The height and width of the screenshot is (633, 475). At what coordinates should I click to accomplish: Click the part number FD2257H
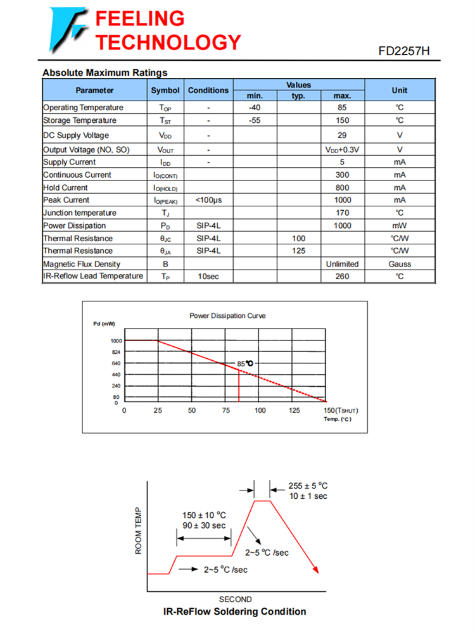click(404, 51)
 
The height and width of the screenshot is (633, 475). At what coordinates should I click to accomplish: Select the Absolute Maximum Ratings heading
click(104, 72)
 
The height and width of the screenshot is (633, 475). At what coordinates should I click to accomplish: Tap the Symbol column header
click(165, 91)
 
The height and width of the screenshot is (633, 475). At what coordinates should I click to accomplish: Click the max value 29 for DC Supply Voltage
click(342, 135)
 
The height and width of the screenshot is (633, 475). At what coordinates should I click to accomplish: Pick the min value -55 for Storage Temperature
click(255, 120)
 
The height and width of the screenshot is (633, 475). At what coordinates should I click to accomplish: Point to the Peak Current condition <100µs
click(208, 200)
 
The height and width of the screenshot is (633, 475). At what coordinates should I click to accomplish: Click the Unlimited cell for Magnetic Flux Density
click(342, 264)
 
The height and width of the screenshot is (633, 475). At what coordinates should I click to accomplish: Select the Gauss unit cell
click(400, 264)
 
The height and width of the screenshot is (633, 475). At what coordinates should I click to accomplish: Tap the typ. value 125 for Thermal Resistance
click(298, 251)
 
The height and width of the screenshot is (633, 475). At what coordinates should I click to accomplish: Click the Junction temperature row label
click(80, 213)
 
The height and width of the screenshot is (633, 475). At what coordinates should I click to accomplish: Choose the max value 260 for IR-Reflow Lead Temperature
click(342, 277)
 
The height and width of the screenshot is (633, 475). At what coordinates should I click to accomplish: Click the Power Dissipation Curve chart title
click(227, 315)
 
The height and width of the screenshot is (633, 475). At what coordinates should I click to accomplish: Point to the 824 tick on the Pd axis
click(115, 352)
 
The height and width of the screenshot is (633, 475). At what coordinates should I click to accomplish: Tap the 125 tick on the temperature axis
click(294, 411)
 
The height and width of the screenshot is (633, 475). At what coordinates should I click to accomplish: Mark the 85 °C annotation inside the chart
click(245, 363)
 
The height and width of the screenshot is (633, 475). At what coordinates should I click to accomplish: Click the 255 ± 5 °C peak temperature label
click(308, 486)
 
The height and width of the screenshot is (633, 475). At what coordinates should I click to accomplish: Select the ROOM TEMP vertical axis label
click(139, 531)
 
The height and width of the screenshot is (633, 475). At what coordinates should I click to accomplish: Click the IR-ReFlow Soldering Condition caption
click(234, 611)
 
